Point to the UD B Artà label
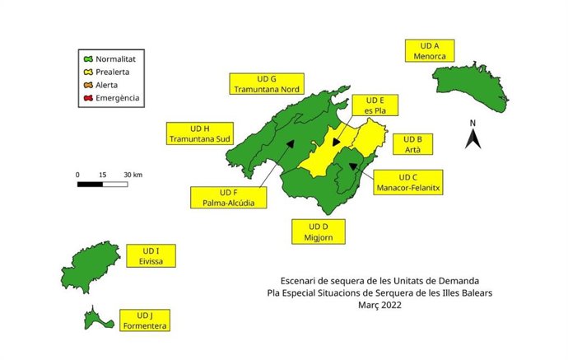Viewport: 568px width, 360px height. click(x=414, y=144)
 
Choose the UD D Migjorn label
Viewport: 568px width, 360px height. click(x=319, y=231)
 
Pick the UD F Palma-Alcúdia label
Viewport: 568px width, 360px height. click(x=229, y=199)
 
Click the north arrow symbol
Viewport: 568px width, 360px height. click(x=473, y=135)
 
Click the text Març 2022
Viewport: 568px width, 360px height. click(x=379, y=305)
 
